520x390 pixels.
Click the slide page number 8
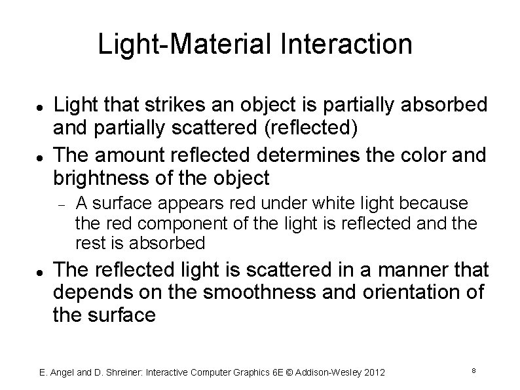pos(473,372)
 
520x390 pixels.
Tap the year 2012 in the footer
pos(374,373)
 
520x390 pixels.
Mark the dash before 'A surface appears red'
pos(59,205)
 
